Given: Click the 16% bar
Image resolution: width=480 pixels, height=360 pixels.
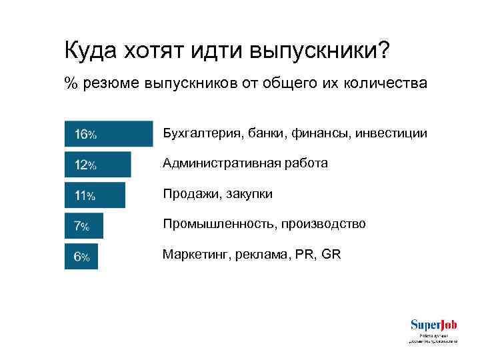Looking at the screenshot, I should point(109,133).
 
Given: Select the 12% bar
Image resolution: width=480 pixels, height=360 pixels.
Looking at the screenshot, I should point(97,164).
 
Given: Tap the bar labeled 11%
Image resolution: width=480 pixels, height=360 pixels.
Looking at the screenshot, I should point(95,195).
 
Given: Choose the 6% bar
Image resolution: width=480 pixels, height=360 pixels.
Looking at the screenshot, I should point(81,256).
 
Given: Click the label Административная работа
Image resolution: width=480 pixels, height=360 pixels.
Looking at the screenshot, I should point(245,163).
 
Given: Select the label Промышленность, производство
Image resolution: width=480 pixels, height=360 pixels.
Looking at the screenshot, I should point(264,224).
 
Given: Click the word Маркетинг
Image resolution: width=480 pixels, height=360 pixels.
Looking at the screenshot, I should point(193,254).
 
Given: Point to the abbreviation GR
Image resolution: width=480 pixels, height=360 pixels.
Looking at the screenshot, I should point(331,254).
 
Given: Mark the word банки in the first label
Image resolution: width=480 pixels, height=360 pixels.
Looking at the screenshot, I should point(263,133).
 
